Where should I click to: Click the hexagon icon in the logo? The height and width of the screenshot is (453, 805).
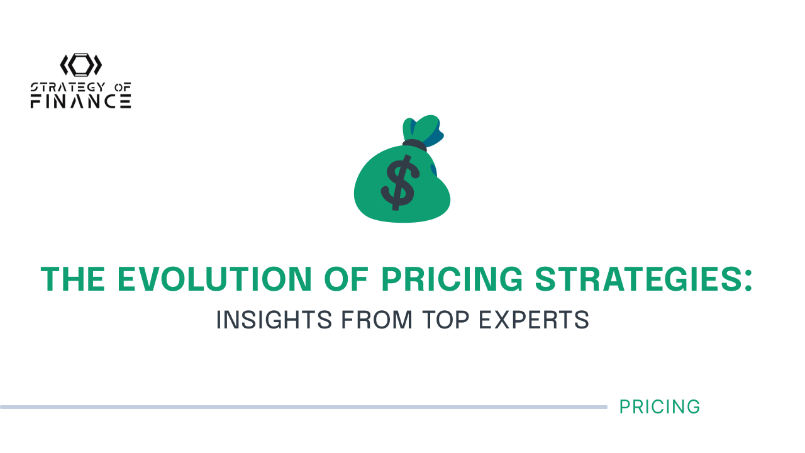[x=81, y=65]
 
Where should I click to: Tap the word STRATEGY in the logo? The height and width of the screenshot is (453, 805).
[x=68, y=87]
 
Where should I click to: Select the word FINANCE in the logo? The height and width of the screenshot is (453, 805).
[x=81, y=101]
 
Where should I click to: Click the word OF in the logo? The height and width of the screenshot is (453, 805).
[x=123, y=87]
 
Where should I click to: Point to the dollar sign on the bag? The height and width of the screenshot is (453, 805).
[x=399, y=182]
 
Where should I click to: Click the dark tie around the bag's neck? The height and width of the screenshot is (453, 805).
[x=414, y=145]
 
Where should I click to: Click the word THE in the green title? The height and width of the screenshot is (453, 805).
[x=72, y=279]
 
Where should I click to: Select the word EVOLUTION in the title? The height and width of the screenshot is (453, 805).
[x=214, y=279]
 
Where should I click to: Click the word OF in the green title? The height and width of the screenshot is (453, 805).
[x=347, y=279]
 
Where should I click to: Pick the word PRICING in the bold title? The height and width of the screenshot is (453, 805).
[x=452, y=279]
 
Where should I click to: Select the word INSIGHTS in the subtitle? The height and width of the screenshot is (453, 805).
[x=274, y=320]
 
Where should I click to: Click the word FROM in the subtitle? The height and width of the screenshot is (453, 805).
[x=376, y=320]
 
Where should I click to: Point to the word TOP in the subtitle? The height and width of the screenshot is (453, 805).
[x=445, y=320]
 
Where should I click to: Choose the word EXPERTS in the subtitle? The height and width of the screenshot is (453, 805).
[x=534, y=320]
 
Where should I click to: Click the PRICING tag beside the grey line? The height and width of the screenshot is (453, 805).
[x=660, y=407]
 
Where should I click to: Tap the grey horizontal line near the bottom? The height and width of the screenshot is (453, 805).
[x=304, y=407]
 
